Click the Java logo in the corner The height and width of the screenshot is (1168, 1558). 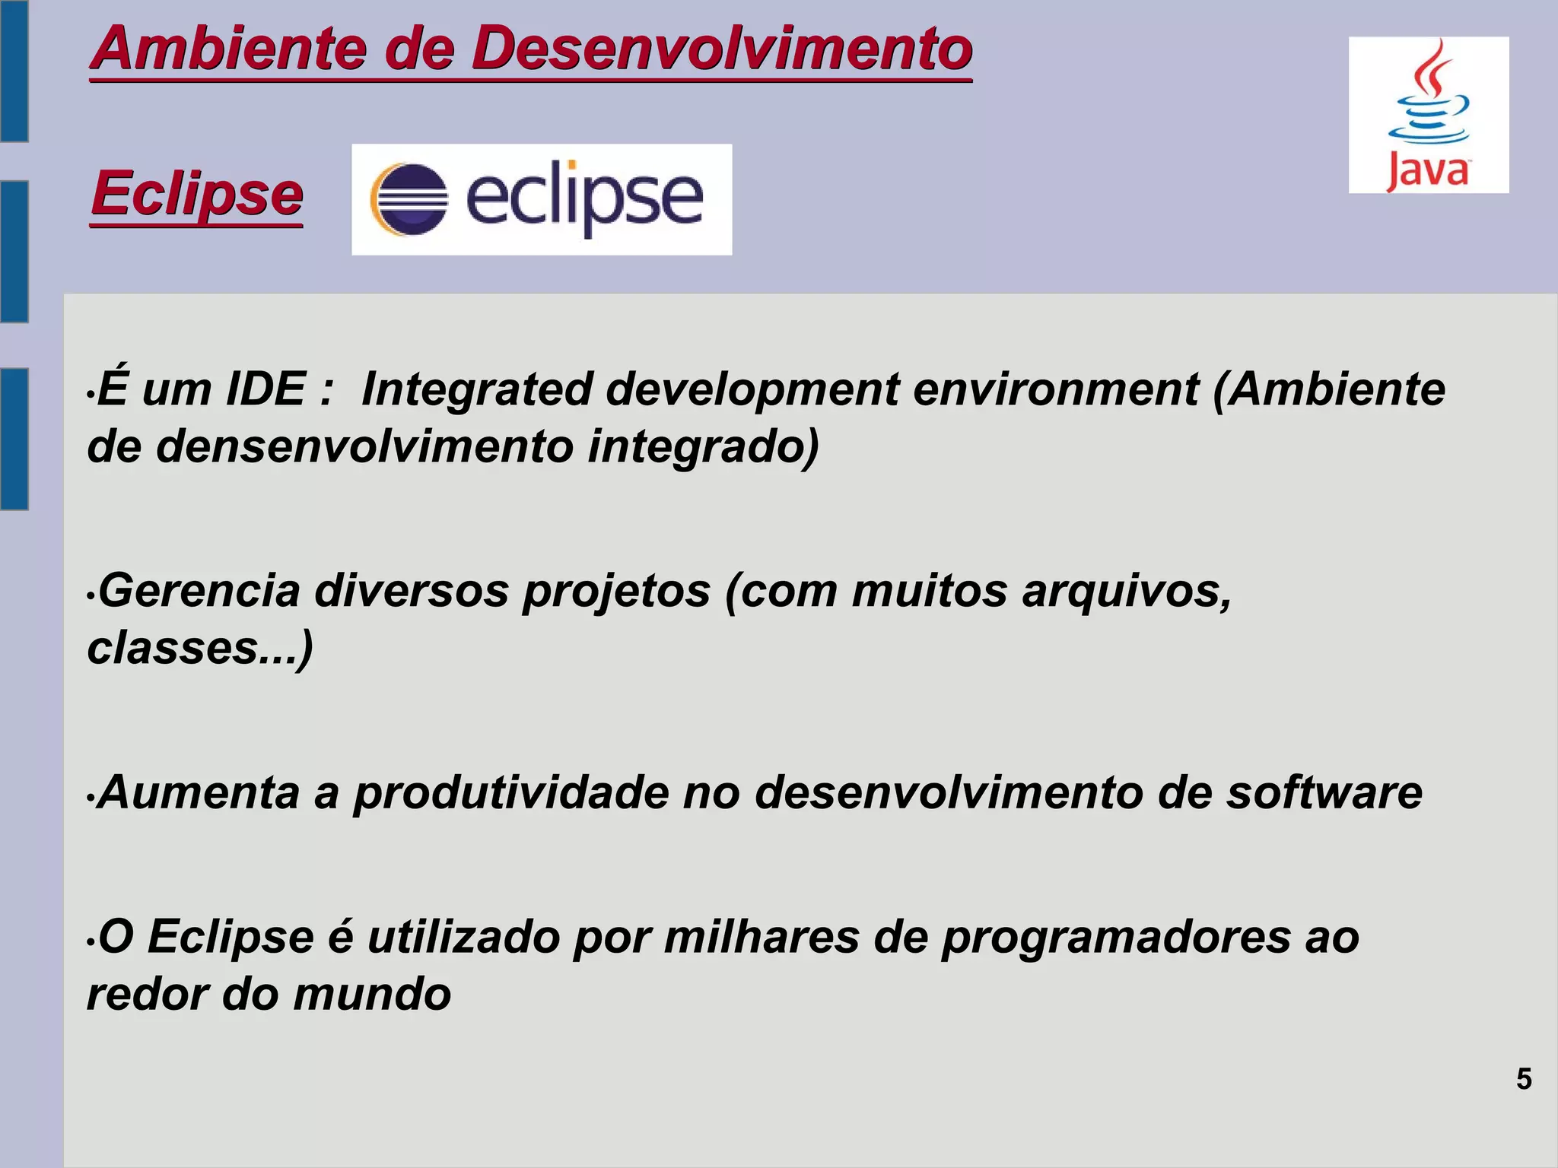[1428, 115]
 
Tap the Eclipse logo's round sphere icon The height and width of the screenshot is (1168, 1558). [409, 199]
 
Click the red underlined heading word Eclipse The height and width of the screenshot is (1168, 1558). [197, 193]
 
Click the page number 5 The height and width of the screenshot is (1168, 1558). [1524, 1079]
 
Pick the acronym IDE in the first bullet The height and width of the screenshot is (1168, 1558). [265, 389]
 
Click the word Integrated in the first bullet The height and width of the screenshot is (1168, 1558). [476, 389]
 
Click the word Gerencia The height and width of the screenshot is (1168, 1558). [199, 590]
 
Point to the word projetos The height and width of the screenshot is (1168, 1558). [615, 592]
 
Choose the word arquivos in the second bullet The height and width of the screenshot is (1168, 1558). [1126, 592]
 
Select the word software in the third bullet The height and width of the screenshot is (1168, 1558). [1324, 792]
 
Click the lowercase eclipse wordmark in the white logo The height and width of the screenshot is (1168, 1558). [583, 198]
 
